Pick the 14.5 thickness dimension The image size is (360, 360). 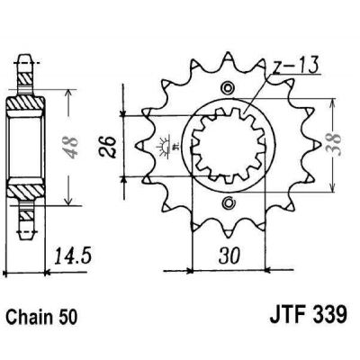[x=76, y=257]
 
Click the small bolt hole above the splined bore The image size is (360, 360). [x=228, y=87]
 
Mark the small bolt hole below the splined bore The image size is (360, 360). [x=228, y=200]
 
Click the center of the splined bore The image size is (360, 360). [x=228, y=144]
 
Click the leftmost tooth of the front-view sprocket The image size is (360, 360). [x=139, y=144]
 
